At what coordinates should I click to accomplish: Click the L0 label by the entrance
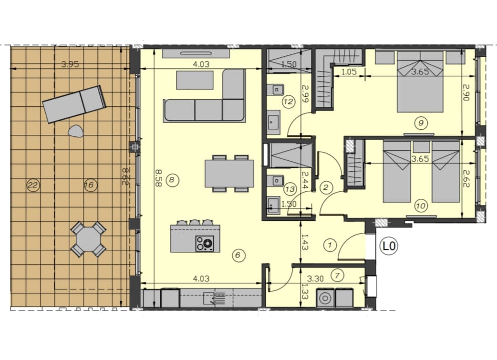pos(389,246)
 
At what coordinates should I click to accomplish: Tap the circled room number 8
pos(172,180)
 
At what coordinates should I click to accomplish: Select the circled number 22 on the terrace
pos(33,185)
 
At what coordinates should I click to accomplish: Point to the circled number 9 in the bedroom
pos(421,123)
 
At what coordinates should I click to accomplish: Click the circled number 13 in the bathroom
pos(290,189)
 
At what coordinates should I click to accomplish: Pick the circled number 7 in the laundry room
pos(337,276)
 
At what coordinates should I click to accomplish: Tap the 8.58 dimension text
pos(158,178)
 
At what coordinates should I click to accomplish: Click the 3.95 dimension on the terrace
pos(70,64)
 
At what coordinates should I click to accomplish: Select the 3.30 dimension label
pos(315,278)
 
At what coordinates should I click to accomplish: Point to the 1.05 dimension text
pos(349,72)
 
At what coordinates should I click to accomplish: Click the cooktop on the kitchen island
pos(205,244)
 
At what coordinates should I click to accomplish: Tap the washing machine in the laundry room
pos(325,298)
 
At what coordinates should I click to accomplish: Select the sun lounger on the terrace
pos(74,104)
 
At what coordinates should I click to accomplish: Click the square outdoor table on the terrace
pos(88,239)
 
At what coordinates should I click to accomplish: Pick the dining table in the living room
pos(229,174)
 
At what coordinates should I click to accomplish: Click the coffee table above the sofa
pos(195,80)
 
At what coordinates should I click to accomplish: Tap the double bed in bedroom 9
pos(420,82)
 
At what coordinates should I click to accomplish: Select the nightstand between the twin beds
pos(421,147)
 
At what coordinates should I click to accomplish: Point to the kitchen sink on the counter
pos(214,298)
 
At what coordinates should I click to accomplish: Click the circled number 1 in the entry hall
pos(330,245)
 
